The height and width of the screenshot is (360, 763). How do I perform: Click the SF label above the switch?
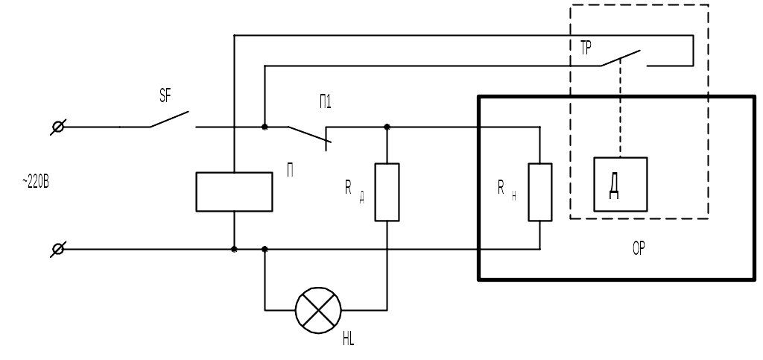[x=165, y=95]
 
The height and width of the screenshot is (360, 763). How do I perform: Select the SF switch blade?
[x=169, y=119]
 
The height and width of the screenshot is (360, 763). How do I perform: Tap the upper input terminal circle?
[x=58, y=127]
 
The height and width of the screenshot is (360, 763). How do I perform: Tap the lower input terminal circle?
[x=58, y=249]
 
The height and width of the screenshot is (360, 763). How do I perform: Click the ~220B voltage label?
[x=36, y=182]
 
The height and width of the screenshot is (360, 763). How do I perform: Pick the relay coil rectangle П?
[x=234, y=192]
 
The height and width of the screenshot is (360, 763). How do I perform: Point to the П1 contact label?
[x=325, y=101]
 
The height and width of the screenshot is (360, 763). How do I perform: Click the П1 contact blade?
[x=309, y=134]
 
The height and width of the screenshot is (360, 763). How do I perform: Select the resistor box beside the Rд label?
[x=387, y=192]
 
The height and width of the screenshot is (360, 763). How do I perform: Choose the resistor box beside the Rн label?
[x=540, y=192]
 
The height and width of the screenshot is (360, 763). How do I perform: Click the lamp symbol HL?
[x=318, y=310]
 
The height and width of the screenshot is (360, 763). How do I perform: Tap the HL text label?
[x=349, y=339]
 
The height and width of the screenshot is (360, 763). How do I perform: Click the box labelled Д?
[x=621, y=184]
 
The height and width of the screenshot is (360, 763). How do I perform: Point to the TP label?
[x=586, y=48]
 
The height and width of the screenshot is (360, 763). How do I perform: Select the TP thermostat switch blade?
[x=621, y=58]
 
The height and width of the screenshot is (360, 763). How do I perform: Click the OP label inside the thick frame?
[x=639, y=249]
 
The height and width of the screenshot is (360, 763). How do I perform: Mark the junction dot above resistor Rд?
[x=387, y=127]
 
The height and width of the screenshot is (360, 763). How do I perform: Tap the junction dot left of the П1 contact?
[x=265, y=127]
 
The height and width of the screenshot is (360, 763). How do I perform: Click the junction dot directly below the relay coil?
[x=234, y=249]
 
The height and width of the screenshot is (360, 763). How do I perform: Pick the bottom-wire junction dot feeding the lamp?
[x=265, y=249]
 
